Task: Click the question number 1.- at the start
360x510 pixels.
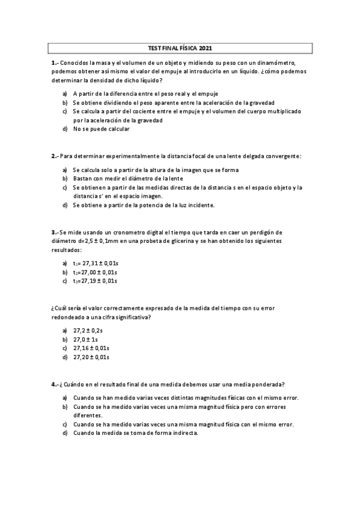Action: (55, 63)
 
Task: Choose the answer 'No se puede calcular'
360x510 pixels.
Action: (101, 129)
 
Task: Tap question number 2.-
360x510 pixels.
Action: (55, 156)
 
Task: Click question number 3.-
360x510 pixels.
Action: (55, 232)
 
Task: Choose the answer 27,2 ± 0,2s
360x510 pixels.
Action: (88, 330)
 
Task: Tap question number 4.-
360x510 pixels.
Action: (55, 384)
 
